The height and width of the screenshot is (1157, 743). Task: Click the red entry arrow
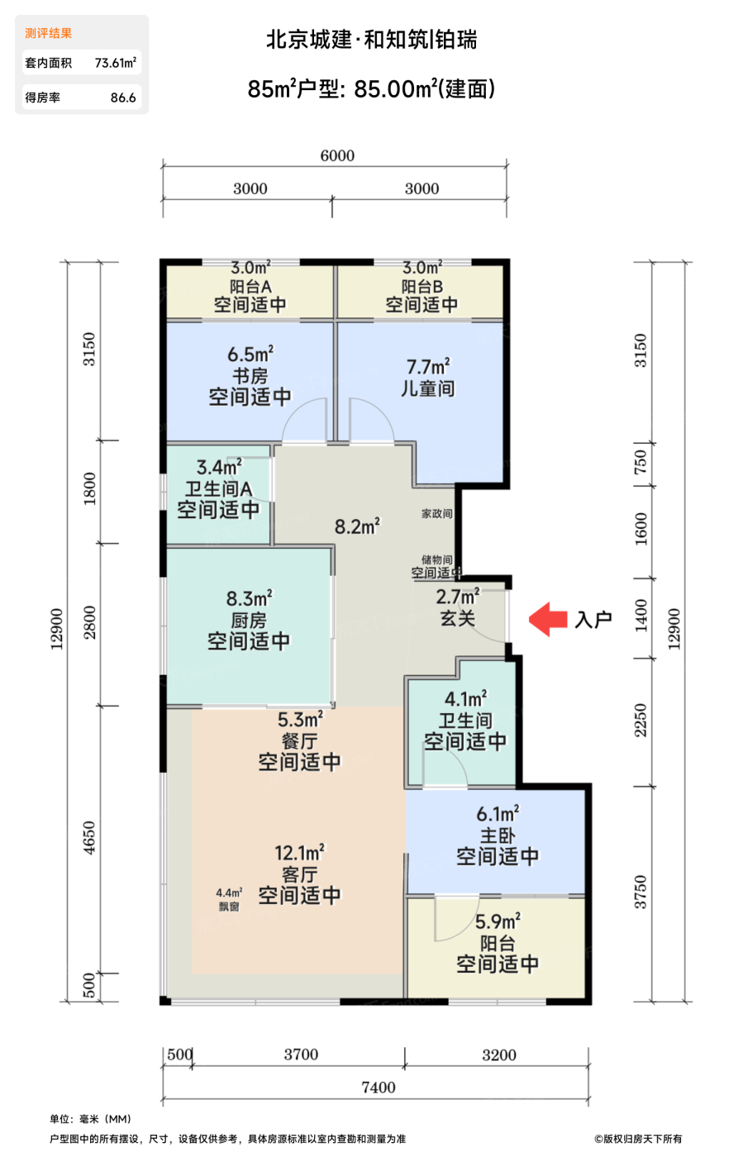tap(548, 619)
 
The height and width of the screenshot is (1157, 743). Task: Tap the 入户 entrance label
tap(593, 619)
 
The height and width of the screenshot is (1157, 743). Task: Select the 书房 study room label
tap(250, 375)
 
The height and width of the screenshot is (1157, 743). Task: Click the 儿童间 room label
tap(428, 388)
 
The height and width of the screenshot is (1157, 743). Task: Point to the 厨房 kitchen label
tap(249, 620)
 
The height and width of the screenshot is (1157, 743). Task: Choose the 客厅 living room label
tap(299, 874)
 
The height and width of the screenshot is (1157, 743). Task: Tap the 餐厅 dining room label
tap(299, 740)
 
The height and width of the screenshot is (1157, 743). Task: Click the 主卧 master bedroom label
tap(497, 836)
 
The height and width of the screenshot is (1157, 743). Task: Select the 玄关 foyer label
tap(457, 618)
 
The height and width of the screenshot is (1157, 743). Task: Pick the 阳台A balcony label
tap(250, 286)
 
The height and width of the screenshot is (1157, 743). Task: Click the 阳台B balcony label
tap(422, 286)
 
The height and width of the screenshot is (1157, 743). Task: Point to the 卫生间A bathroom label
tap(218, 488)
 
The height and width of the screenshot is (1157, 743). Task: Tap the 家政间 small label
tap(436, 513)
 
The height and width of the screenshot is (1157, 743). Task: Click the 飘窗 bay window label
tap(229, 907)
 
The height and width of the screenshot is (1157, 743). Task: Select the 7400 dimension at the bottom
tap(379, 1088)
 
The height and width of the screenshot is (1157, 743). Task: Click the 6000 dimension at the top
tap(337, 155)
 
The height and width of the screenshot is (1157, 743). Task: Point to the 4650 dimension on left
tap(89, 838)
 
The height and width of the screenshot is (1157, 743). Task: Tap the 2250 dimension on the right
tap(641, 721)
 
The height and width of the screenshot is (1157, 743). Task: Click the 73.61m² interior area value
tap(116, 63)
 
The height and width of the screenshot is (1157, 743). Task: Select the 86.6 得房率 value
tap(123, 98)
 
